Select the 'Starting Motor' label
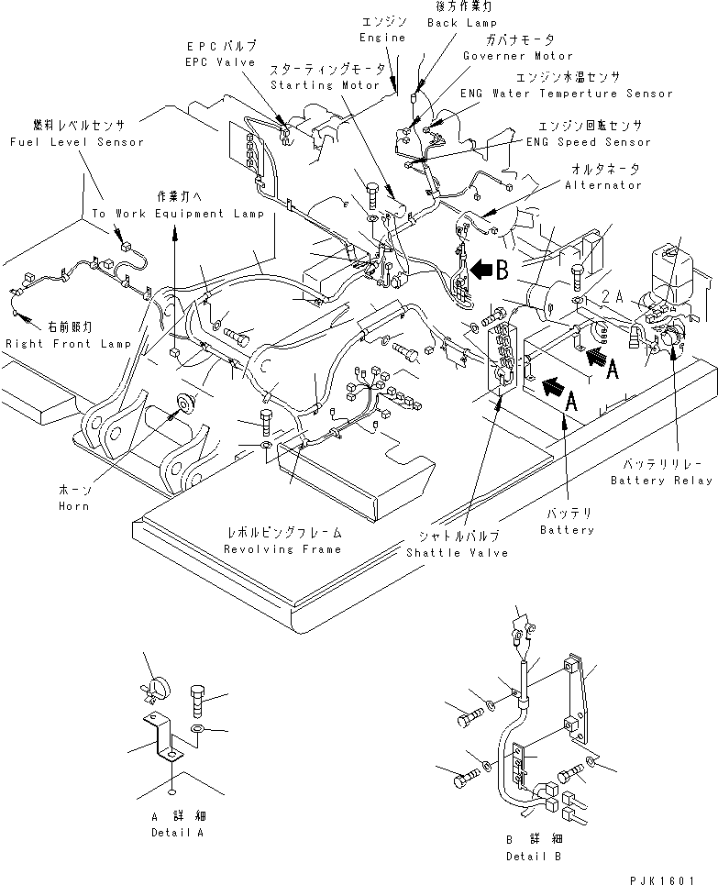pyautogui.click(x=325, y=85)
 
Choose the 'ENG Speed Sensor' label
pyautogui.click(x=588, y=142)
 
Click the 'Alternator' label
pyautogui.click(x=602, y=185)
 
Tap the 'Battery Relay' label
pyautogui.click(x=659, y=481)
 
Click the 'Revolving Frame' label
pyautogui.click(x=285, y=548)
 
